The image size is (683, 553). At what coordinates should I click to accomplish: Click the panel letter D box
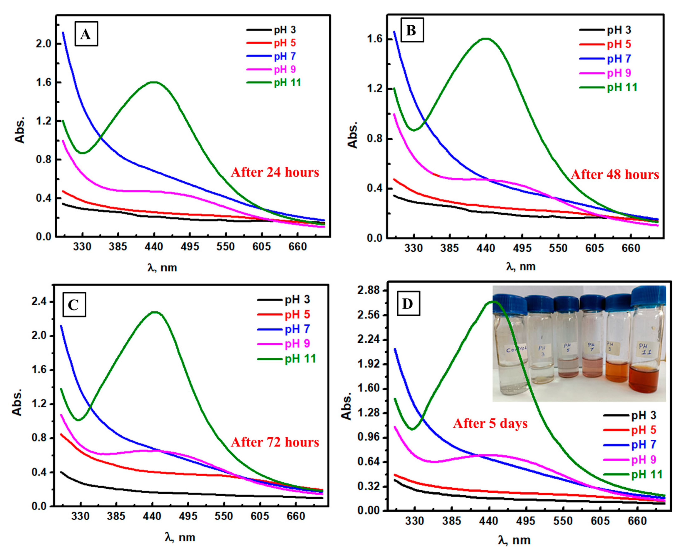(x=407, y=303)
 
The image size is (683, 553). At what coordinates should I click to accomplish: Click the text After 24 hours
(x=275, y=172)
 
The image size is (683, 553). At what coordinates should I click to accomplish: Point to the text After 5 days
(x=490, y=423)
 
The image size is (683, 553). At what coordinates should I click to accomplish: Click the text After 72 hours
(x=275, y=442)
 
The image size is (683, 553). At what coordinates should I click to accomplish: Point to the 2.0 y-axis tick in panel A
(x=43, y=44)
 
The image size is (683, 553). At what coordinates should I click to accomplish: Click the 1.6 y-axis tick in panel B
(x=375, y=39)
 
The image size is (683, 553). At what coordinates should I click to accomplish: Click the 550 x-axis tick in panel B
(x=558, y=248)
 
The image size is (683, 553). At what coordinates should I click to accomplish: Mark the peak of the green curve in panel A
(x=154, y=82)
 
